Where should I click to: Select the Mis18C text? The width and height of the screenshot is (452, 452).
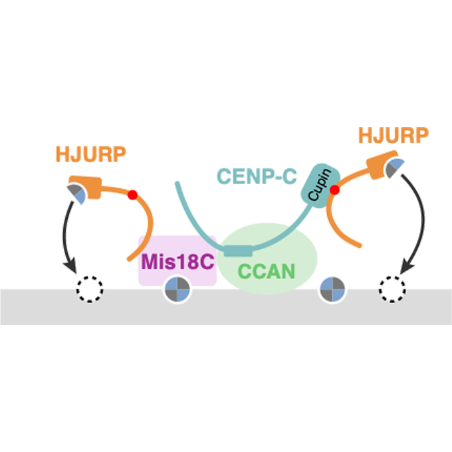[177, 261]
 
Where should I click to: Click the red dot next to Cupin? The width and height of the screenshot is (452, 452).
[335, 190]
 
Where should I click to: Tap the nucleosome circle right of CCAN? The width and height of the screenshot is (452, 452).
[332, 290]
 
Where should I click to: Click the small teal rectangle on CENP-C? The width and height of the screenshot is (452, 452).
[237, 251]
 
